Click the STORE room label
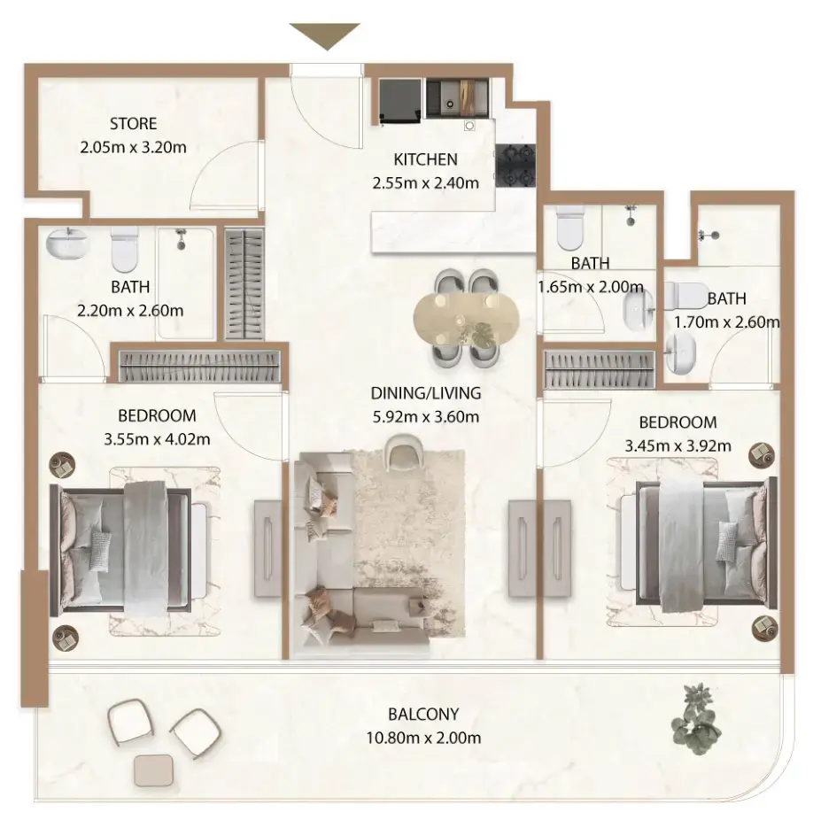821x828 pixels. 133,124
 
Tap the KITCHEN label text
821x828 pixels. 425,160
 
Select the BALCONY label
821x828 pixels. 423,715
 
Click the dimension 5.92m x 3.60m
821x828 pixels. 425,415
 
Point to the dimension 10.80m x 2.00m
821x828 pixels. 424,737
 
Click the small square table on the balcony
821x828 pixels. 155,771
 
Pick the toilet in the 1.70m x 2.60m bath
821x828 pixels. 686,295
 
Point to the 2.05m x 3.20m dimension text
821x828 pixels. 133,147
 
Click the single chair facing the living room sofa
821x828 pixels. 402,453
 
